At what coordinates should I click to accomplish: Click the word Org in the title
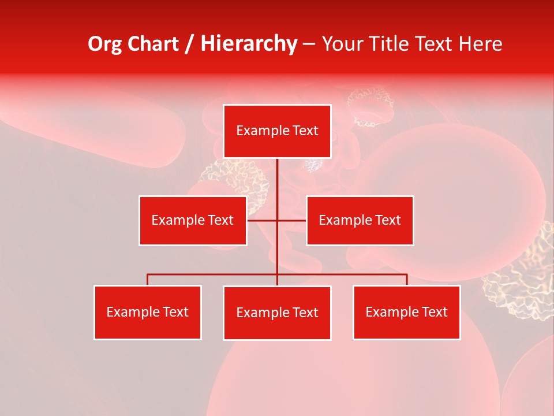(x=104, y=44)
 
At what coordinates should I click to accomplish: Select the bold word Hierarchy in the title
(x=248, y=44)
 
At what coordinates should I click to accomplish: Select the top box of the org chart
(x=277, y=131)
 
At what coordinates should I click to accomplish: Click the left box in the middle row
(x=193, y=220)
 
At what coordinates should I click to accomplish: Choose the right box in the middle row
(x=360, y=220)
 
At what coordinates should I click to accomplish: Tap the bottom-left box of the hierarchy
(x=148, y=312)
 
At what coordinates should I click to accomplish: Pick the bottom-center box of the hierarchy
(x=277, y=313)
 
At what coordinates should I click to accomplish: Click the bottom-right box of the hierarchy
(x=407, y=312)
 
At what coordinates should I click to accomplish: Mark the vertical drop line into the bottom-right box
(x=407, y=280)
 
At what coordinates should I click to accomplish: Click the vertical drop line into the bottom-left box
(x=148, y=280)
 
